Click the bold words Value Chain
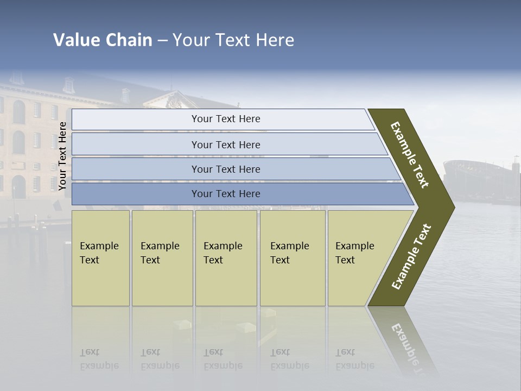pyautogui.click(x=103, y=40)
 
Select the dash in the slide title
pyautogui.click(x=162, y=40)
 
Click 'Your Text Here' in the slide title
pyautogui.click(x=233, y=40)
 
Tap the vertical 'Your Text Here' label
pyautogui.click(x=62, y=156)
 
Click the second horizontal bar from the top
pyautogui.click(x=226, y=144)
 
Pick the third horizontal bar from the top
pyautogui.click(x=226, y=169)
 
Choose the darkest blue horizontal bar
pyautogui.click(x=226, y=194)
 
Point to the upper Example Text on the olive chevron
pyautogui.click(x=410, y=155)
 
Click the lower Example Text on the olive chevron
pyautogui.click(x=411, y=257)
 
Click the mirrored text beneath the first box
pyautogui.click(x=99, y=360)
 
